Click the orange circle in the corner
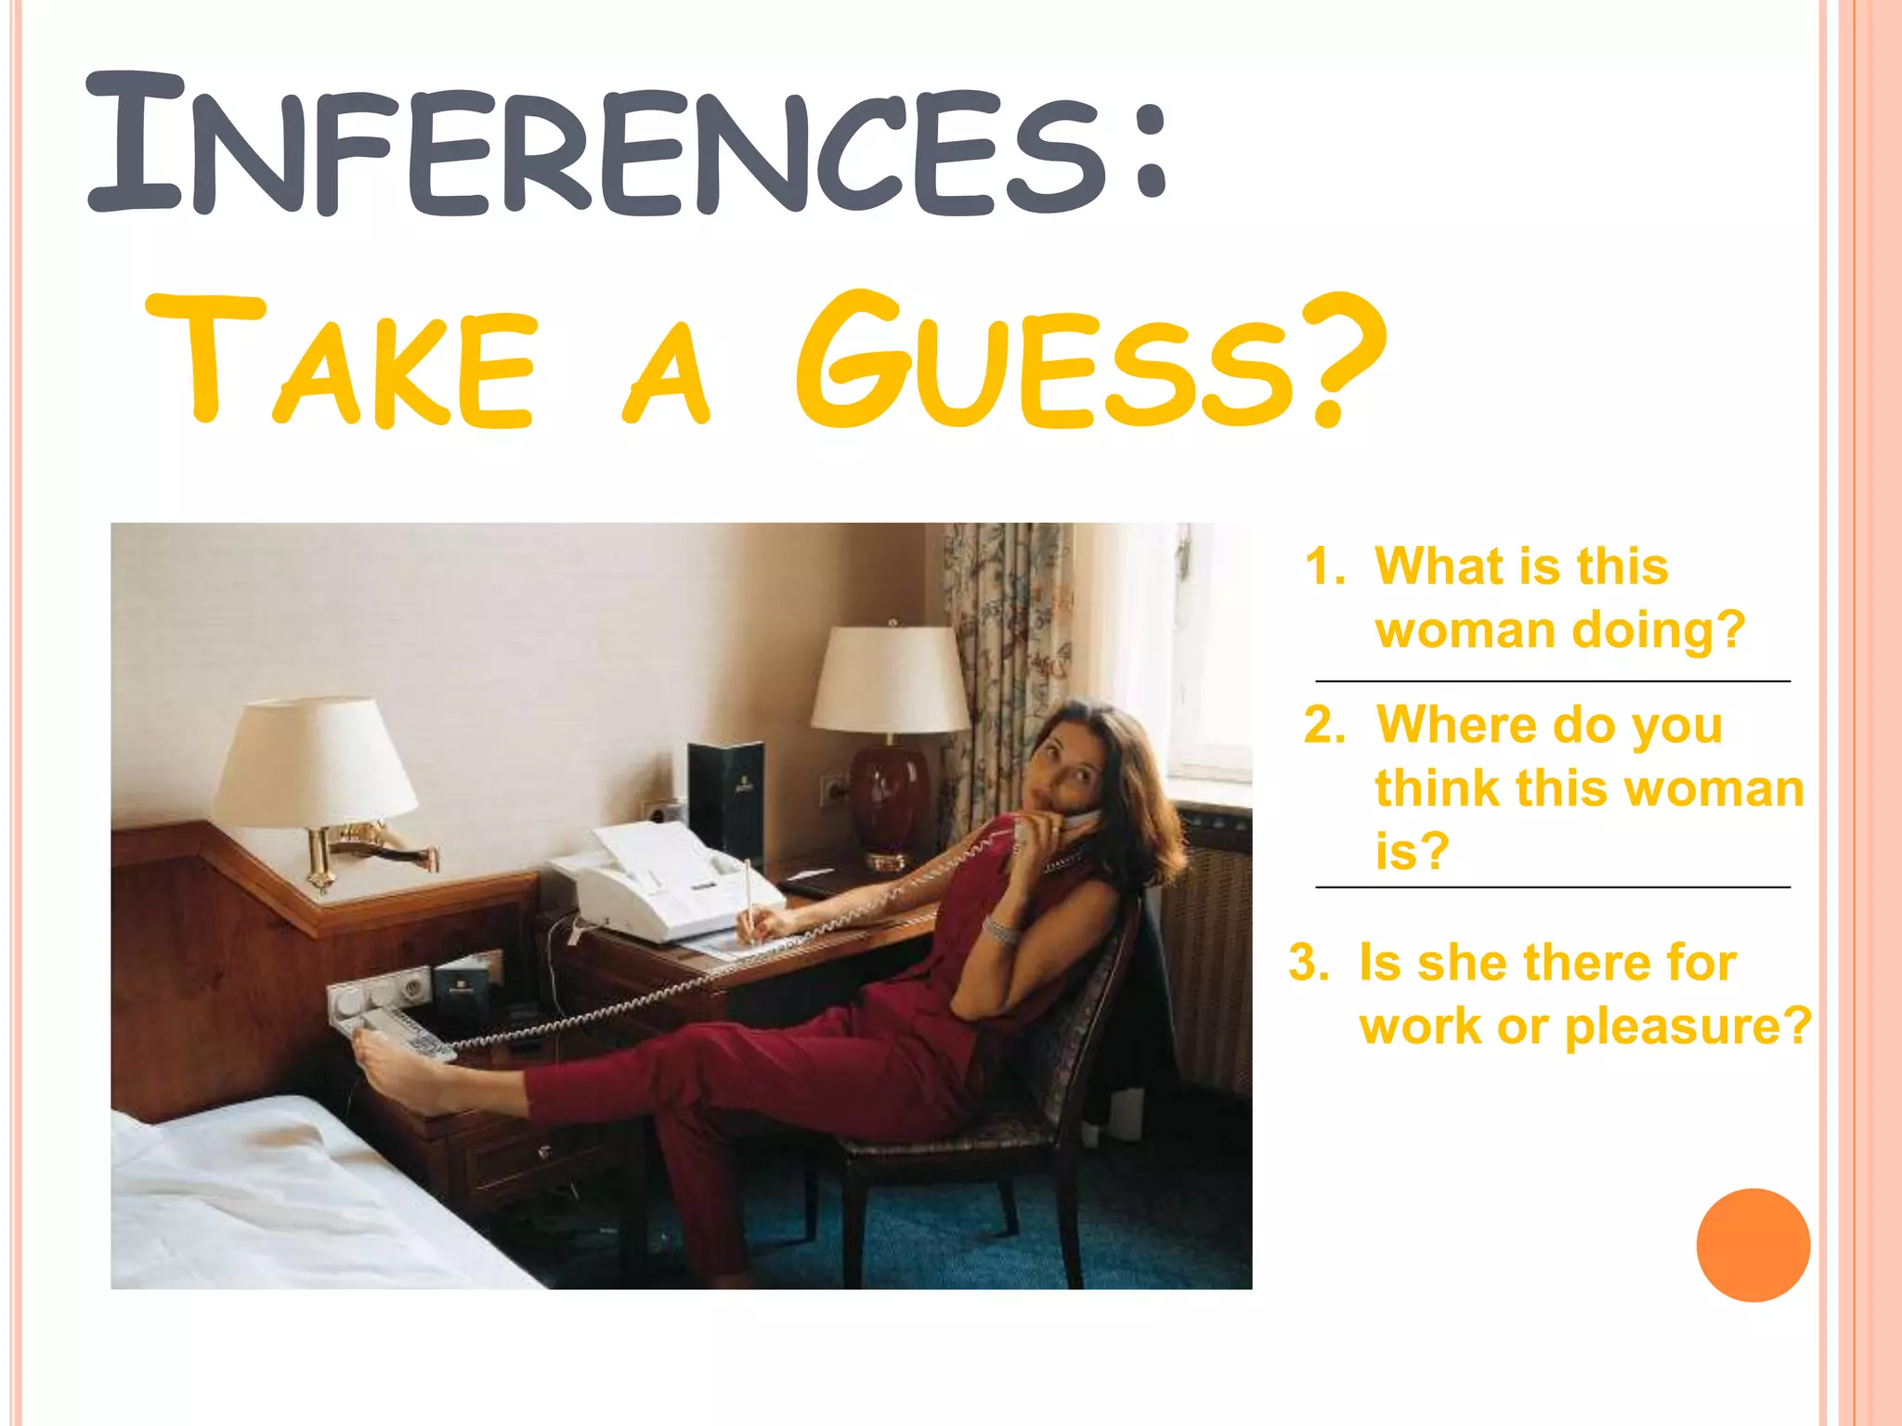1752,1245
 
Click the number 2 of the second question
1323,725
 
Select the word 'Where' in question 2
1449,725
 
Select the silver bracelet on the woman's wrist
1001,929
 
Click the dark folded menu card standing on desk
726,798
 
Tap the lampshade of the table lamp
890,679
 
